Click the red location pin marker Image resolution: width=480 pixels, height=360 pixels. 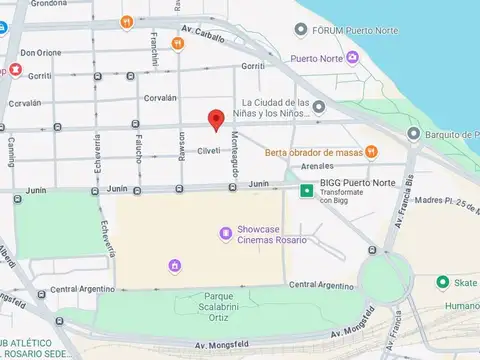coord(215,119)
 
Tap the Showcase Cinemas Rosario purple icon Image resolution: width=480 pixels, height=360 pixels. coord(227,234)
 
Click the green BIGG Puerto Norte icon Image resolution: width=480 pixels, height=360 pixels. coord(308,187)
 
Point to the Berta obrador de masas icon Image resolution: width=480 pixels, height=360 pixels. coord(371,152)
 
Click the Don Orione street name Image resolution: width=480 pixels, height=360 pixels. coord(41,53)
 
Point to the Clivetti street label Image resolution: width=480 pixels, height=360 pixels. coord(209,152)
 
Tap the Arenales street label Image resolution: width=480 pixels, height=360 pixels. coord(316,165)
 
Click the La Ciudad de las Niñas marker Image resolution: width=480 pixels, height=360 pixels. coord(318,107)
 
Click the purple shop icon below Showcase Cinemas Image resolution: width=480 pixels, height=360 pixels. coord(175,265)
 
